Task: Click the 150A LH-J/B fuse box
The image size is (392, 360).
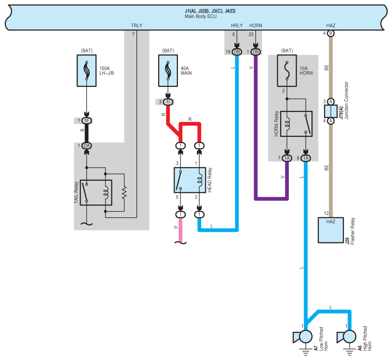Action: [x=86, y=71]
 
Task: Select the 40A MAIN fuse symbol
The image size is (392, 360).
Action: [x=168, y=71]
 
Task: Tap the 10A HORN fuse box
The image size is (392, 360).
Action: [x=287, y=71]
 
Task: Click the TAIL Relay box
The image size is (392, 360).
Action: [x=96, y=193]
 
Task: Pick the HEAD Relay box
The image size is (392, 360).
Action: [x=190, y=180]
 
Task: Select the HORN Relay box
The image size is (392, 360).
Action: [x=296, y=124]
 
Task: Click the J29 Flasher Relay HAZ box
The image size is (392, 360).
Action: [x=330, y=230]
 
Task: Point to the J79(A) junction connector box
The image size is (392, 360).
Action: [x=330, y=111]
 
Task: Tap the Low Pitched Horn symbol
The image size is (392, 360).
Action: [x=303, y=336]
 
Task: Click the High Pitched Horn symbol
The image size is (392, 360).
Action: [x=347, y=336]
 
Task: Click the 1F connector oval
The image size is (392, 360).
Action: [x=86, y=121]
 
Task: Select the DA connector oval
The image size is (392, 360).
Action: [x=86, y=146]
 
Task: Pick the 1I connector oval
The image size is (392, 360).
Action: [x=168, y=102]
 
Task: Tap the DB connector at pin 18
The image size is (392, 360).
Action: [x=237, y=52]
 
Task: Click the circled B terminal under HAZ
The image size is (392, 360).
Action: [x=330, y=33]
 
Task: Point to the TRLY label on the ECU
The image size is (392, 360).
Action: [x=136, y=26]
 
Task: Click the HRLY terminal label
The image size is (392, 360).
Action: [x=237, y=26]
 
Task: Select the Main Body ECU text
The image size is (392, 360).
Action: [x=201, y=16]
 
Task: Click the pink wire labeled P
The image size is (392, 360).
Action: [x=180, y=230]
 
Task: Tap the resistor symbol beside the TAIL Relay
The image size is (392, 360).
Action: [x=124, y=193]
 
